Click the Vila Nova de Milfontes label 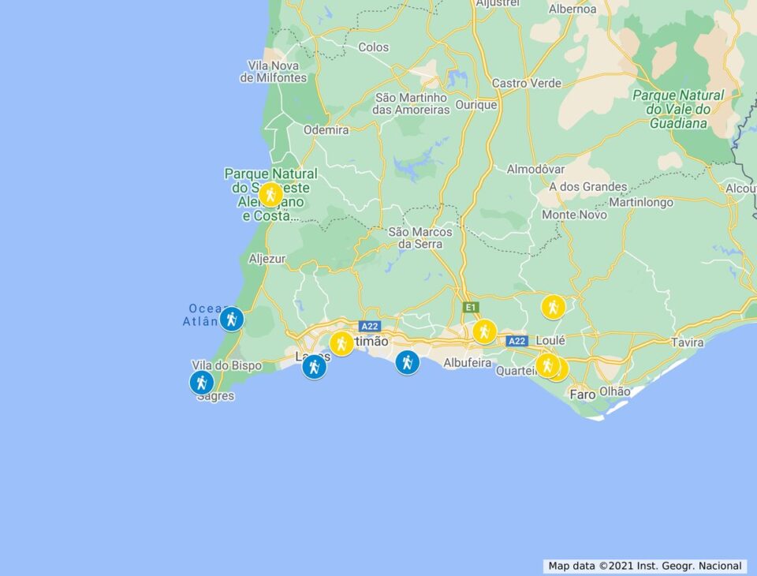click(x=273, y=72)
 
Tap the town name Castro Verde click(x=526, y=83)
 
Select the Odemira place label click(x=326, y=130)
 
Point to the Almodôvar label click(x=535, y=170)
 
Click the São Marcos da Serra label click(x=420, y=238)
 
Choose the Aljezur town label click(x=267, y=258)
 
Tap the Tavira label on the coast click(x=687, y=342)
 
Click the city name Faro click(x=582, y=393)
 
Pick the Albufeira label click(x=467, y=363)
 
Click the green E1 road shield click(x=470, y=307)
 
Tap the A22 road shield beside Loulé click(x=516, y=341)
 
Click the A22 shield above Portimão click(x=370, y=326)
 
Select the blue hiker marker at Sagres click(x=202, y=383)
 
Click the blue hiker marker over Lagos click(x=314, y=366)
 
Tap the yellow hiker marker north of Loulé click(x=553, y=306)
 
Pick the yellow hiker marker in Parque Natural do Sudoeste click(x=270, y=194)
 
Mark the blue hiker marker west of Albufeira click(x=407, y=362)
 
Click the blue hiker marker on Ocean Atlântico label click(x=230, y=319)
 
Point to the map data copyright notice click(x=645, y=566)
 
